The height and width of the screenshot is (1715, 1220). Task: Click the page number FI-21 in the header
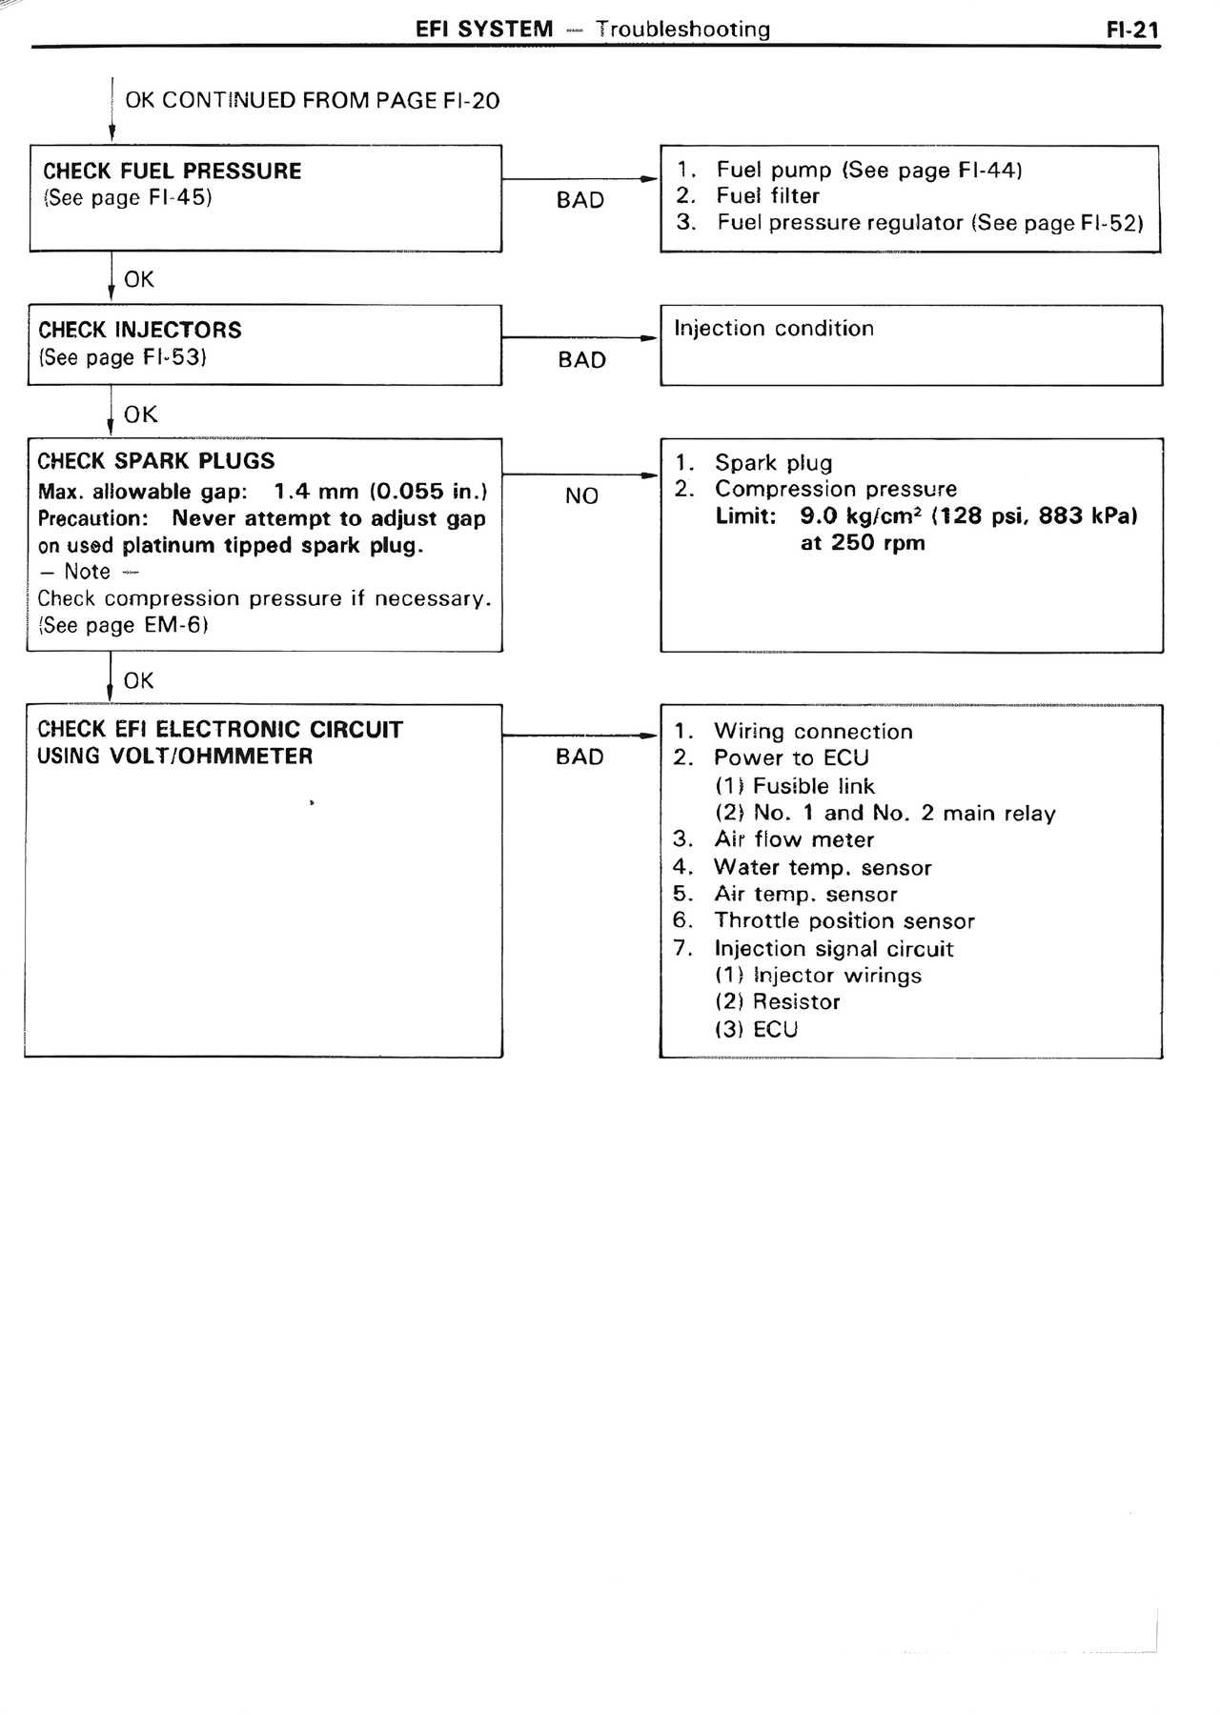point(1131,30)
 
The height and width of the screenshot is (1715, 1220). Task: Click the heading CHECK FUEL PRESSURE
point(172,171)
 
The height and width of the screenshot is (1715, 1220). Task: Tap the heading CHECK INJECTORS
point(140,331)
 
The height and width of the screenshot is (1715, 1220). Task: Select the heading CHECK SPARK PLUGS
point(155,461)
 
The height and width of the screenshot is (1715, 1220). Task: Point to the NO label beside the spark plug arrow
point(581,495)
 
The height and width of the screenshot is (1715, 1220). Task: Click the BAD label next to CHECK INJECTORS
point(581,360)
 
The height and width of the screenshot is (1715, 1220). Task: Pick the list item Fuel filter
point(767,196)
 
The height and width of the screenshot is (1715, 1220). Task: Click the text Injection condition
point(773,329)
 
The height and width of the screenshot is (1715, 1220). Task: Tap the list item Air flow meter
point(793,839)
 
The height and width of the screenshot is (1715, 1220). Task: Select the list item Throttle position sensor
point(844,921)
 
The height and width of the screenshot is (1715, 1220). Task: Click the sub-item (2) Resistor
point(777,1002)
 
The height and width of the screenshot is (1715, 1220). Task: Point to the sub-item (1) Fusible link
point(794,786)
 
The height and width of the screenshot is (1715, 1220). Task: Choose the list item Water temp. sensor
point(822,867)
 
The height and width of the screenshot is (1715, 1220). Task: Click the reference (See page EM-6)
point(123,626)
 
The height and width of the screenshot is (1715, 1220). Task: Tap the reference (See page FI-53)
point(123,357)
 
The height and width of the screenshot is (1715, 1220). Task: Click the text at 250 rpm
point(862,543)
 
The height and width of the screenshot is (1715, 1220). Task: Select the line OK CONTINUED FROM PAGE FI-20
point(312,101)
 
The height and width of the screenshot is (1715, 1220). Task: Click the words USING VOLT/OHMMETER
point(174,757)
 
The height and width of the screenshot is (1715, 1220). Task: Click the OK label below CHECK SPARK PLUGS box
point(138,680)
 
